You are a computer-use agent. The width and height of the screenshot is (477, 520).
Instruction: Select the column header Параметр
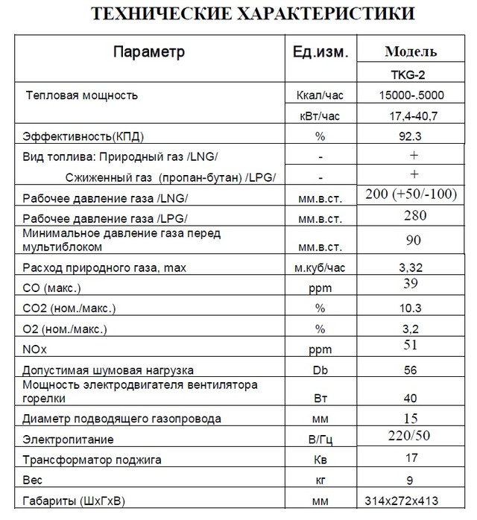148,52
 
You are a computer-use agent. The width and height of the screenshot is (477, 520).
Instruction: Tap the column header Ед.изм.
319,52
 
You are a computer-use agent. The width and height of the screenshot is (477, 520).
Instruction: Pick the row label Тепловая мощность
82,95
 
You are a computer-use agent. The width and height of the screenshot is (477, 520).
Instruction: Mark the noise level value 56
411,370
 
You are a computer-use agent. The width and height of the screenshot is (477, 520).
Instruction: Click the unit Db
319,370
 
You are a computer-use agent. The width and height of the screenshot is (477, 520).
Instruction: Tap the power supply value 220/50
411,434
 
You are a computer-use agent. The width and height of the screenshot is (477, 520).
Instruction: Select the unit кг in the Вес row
319,479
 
